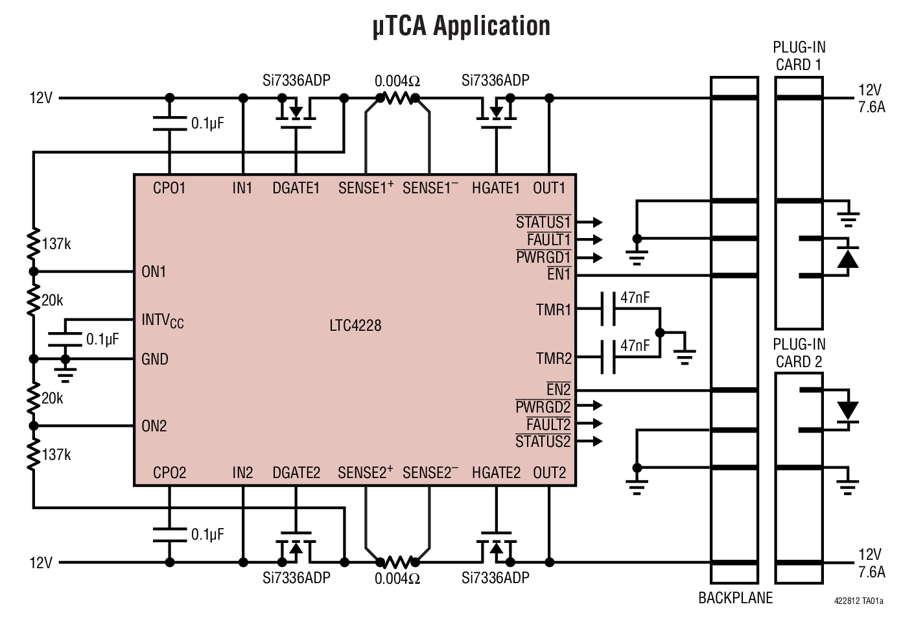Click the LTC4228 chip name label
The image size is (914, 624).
point(355,325)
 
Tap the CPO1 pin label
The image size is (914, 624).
point(169,188)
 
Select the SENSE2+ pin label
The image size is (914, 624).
point(365,473)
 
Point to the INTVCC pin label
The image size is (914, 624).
point(162,320)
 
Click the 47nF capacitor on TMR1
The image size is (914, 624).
point(608,309)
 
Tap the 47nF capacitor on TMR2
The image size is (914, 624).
point(608,357)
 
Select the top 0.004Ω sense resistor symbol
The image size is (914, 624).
point(397,99)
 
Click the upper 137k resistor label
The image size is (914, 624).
point(56,244)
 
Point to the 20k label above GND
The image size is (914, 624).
point(53,300)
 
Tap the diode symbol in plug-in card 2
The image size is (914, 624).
point(847,411)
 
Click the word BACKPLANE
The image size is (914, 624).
point(735,598)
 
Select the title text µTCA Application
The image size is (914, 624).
point(461,27)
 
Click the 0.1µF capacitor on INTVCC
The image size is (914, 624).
point(65,339)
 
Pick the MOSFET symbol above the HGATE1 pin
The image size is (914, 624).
point(496,112)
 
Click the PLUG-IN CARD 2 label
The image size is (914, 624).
point(799,353)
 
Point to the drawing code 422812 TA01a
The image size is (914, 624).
point(858,601)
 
